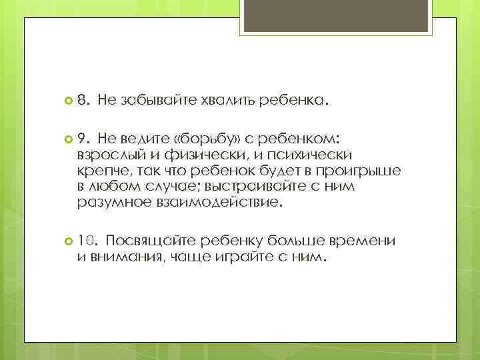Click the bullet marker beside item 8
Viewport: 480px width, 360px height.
coord(67,101)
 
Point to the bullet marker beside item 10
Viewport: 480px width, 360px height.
coord(67,240)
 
